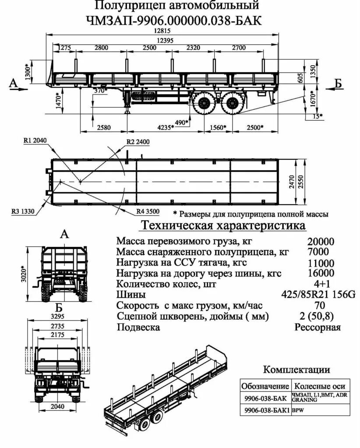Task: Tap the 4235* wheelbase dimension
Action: (x=166, y=127)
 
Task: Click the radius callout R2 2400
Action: (x=138, y=142)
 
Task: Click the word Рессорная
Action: (x=317, y=327)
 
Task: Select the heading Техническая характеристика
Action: (x=222, y=226)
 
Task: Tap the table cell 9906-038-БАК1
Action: (x=265, y=411)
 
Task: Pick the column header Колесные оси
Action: (x=320, y=386)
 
